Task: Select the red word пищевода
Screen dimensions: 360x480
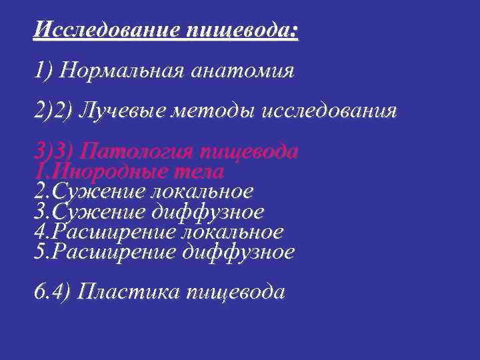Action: click(x=255, y=152)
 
